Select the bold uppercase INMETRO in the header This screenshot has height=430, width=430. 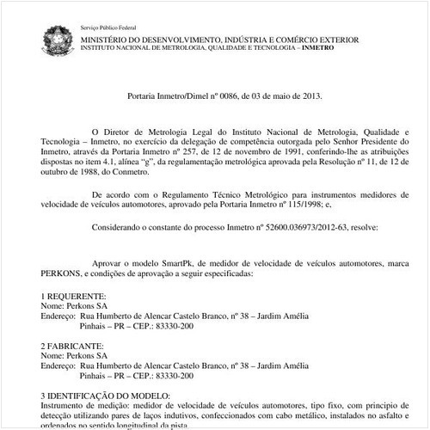pos(334,50)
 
